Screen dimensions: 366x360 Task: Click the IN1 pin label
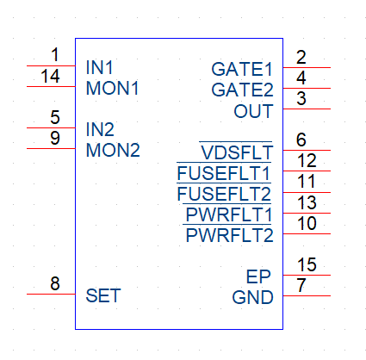point(99,67)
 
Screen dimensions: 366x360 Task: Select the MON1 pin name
point(113,88)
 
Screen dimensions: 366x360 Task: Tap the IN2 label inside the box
point(100,129)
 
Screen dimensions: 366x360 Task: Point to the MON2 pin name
point(113,150)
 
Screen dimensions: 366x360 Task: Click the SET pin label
point(103,295)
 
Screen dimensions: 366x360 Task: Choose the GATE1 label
point(242,69)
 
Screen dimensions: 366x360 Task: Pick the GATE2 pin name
point(242,90)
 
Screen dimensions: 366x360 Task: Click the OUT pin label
point(253,111)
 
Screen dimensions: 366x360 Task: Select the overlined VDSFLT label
point(236,151)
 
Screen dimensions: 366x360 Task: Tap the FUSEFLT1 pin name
point(224,172)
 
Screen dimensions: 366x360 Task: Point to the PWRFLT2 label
point(228,234)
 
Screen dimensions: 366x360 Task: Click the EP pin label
point(258,276)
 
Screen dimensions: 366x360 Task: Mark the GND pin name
point(252,297)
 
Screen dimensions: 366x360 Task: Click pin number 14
point(50,76)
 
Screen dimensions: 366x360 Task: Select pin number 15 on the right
point(307,264)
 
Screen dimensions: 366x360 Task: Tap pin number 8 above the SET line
point(55,283)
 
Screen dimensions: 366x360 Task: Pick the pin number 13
point(307,202)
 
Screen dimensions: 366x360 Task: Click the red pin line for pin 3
point(307,109)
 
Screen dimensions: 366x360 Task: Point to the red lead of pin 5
point(51,127)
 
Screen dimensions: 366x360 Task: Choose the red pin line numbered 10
point(307,233)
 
